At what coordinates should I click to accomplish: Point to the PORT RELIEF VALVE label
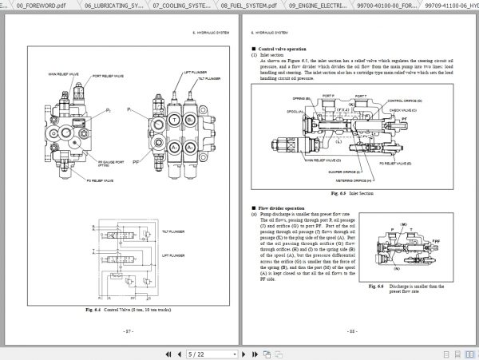point(107,76)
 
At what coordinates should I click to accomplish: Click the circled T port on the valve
point(175,117)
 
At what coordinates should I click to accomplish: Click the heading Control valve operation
point(286,48)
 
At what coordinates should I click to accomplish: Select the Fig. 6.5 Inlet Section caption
point(352,193)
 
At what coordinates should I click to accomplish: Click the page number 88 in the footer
point(352,330)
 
